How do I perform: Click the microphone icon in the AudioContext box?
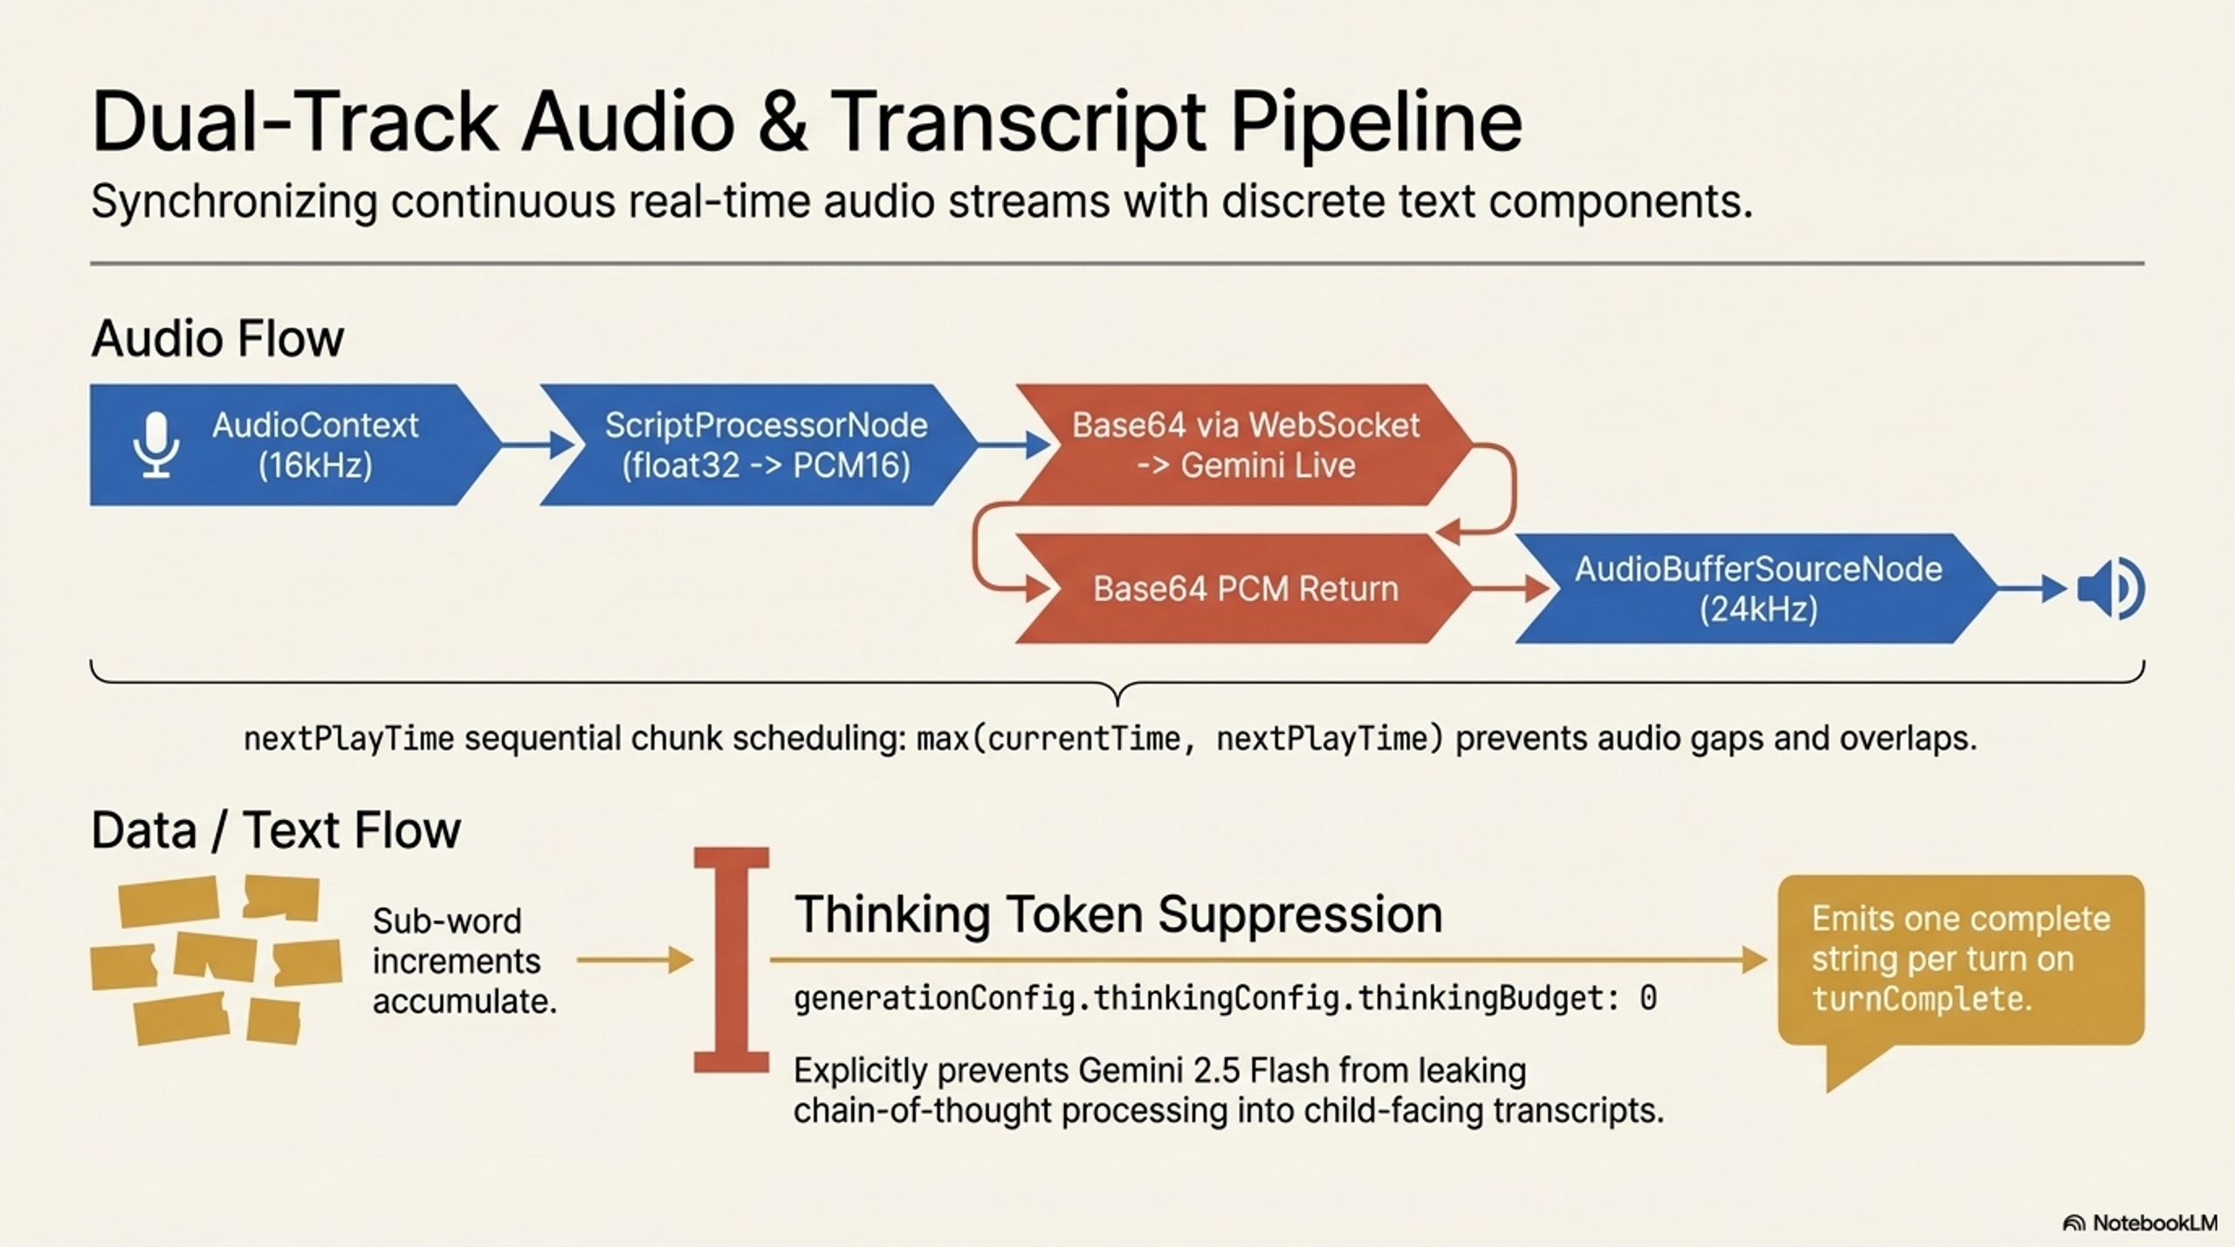(156, 444)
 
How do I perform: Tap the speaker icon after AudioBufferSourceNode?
(2111, 589)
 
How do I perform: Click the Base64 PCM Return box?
(1244, 589)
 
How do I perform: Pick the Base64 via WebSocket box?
(1244, 444)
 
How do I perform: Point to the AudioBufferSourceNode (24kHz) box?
(1757, 589)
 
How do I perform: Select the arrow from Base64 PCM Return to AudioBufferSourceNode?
(1511, 589)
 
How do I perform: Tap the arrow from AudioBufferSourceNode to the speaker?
(2033, 589)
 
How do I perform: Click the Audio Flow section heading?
(217, 339)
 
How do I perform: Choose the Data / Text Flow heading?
(276, 830)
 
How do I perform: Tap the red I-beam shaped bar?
(732, 960)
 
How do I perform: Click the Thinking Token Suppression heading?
(1118, 914)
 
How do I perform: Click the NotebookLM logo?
(2139, 1223)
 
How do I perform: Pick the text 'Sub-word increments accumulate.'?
(464, 961)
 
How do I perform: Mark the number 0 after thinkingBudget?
(1647, 997)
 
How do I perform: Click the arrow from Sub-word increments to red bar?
(635, 961)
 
